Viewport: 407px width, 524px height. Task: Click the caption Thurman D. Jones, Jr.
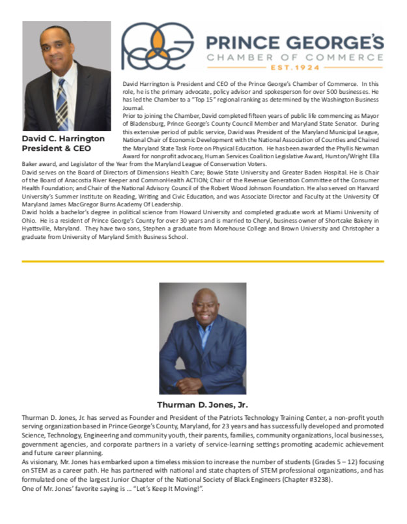[203, 404]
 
